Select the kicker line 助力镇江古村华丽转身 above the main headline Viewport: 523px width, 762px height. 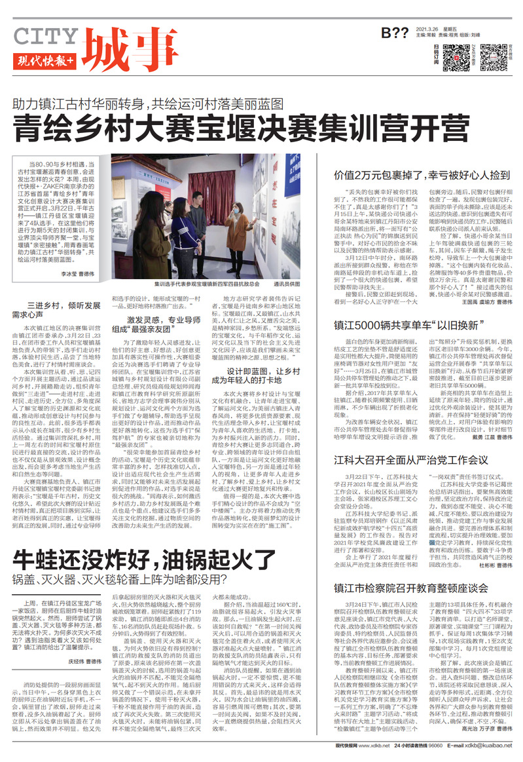coord(85,104)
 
